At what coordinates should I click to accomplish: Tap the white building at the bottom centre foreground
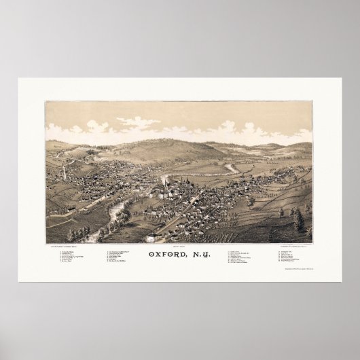(x=160, y=237)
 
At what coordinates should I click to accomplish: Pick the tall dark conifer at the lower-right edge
(x=299, y=221)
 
